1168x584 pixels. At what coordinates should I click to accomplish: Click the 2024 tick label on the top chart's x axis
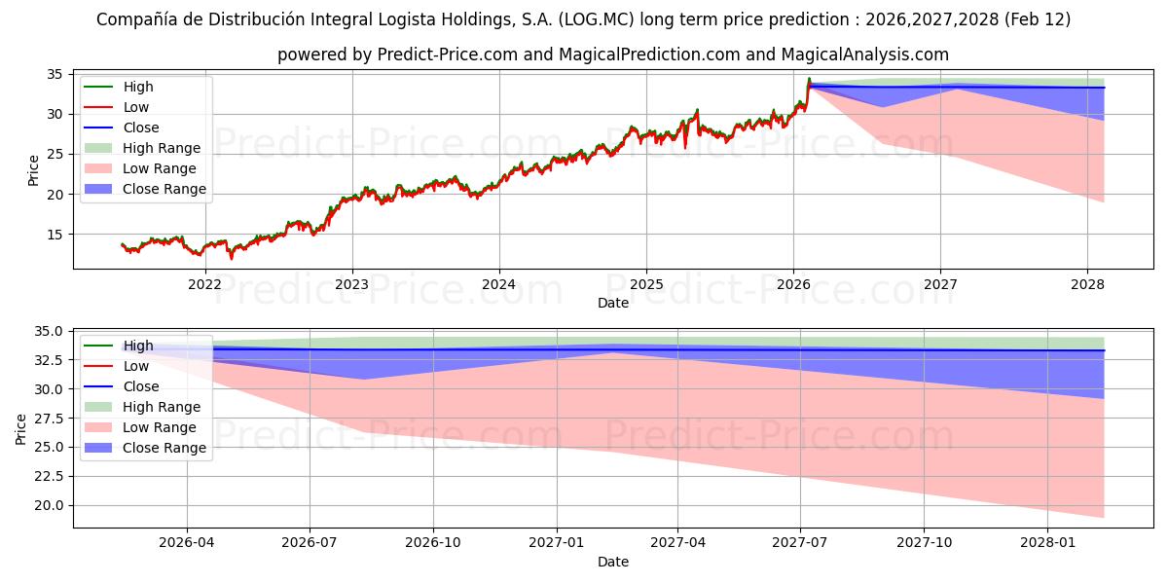(498, 284)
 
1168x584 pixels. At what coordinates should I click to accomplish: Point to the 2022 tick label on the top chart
(204, 284)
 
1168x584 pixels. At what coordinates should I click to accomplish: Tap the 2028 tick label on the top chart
(1087, 284)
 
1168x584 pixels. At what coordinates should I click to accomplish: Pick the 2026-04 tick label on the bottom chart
(187, 541)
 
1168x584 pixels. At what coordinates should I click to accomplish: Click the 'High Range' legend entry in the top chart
(162, 148)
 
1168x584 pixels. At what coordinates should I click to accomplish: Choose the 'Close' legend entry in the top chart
(141, 128)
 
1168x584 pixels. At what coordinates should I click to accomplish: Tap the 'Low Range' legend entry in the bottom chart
(160, 427)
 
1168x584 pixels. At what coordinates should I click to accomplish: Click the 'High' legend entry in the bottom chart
(138, 346)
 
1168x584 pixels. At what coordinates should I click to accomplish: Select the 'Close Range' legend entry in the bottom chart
(164, 448)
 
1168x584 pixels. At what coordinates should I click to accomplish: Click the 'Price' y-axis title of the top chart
(33, 170)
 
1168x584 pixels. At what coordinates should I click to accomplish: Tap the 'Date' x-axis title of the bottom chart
(613, 562)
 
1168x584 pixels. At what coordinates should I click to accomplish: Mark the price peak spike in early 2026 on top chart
(809, 79)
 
